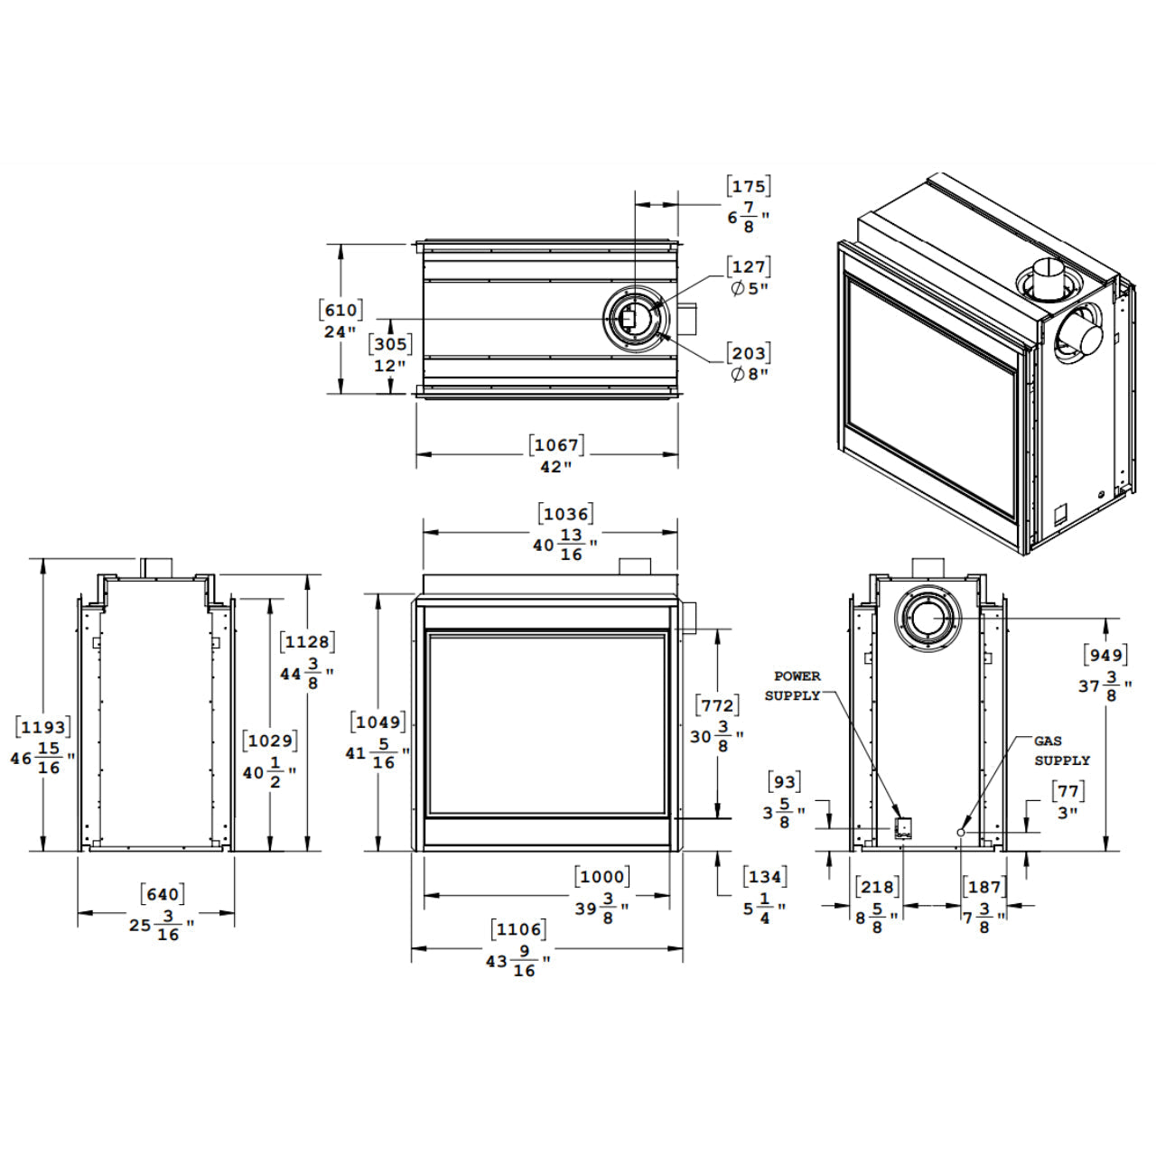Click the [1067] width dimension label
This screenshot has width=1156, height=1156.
click(556, 444)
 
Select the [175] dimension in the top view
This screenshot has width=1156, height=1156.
click(748, 187)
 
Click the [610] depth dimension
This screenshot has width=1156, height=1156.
click(340, 310)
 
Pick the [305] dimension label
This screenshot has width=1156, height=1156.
click(390, 344)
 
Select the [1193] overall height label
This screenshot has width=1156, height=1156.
click(42, 727)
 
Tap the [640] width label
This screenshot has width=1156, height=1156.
click(163, 895)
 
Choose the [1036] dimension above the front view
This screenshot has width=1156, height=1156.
click(565, 514)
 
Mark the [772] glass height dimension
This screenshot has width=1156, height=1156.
click(717, 705)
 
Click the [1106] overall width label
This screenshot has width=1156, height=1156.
click(518, 929)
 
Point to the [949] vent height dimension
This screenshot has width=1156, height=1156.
click(1105, 656)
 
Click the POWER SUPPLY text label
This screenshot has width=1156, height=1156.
click(794, 685)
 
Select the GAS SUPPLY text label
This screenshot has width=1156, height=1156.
click(1061, 750)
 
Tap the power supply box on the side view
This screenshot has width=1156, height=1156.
click(902, 828)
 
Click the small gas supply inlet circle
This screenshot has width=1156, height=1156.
click(962, 832)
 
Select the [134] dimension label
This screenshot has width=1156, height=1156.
click(764, 876)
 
